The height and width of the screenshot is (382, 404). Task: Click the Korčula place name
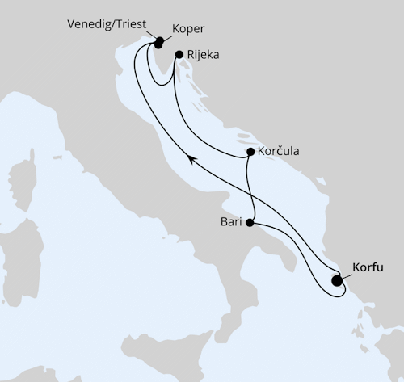(278, 151)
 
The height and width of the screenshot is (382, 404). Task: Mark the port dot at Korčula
(250, 152)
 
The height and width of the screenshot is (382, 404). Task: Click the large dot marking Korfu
(337, 282)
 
